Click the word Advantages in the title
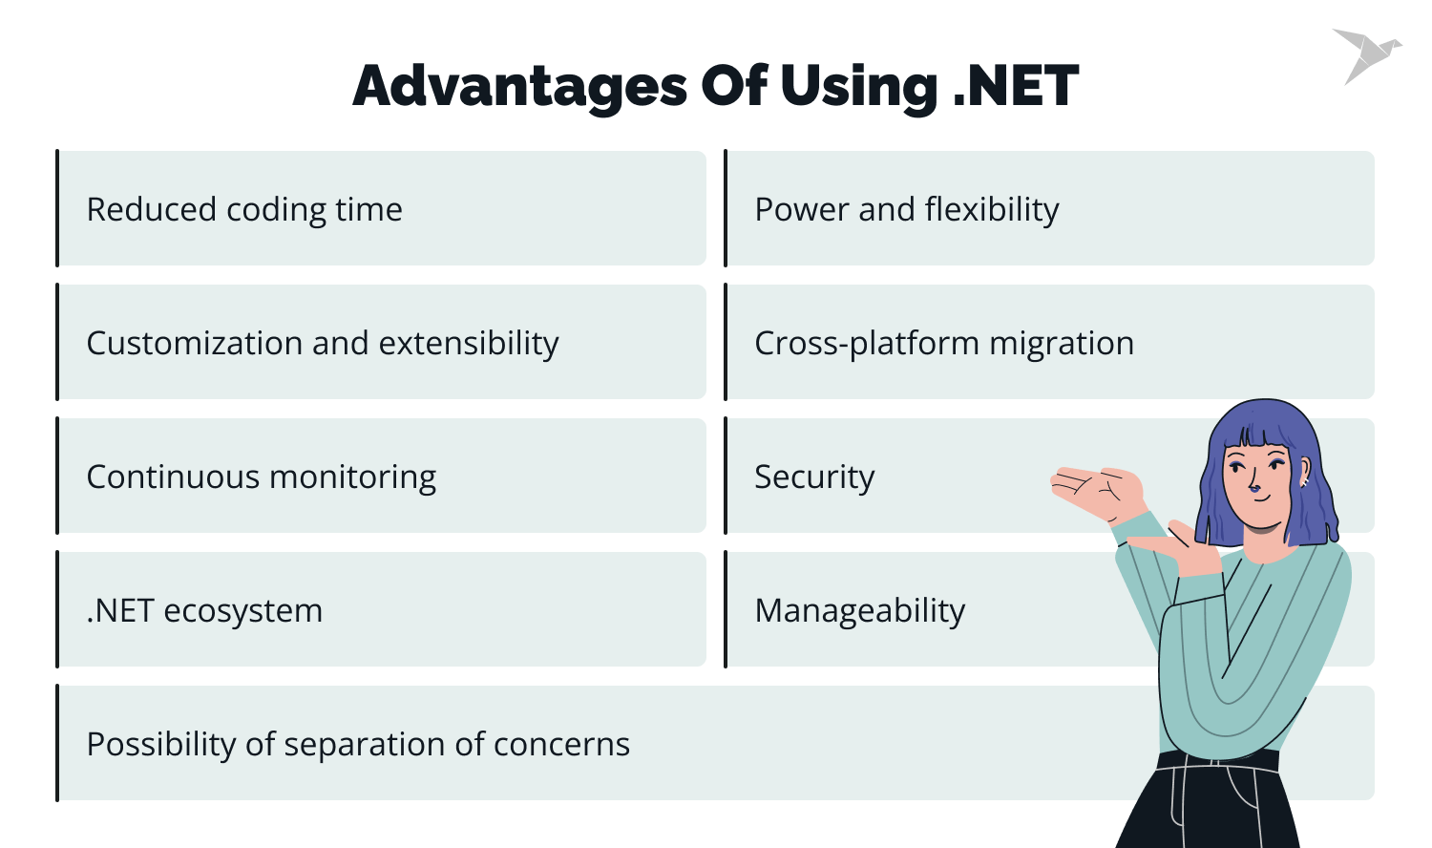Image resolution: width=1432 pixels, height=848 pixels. (519, 86)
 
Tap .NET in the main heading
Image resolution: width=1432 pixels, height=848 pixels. (1016, 86)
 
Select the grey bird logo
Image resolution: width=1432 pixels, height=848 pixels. (1365, 54)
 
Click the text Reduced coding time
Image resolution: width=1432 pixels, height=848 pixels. (244, 209)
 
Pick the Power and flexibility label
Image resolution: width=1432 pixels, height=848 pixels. (907, 209)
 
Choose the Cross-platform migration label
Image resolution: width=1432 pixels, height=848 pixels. (944, 343)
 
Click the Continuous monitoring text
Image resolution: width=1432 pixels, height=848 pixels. (262, 477)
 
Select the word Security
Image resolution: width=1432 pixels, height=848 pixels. (814, 477)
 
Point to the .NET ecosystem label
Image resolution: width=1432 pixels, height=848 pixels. (204, 610)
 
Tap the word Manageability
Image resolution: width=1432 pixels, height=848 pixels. (860, 610)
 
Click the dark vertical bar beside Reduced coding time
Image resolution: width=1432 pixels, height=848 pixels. (57, 208)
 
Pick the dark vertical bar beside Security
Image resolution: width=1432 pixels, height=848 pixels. (726, 476)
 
